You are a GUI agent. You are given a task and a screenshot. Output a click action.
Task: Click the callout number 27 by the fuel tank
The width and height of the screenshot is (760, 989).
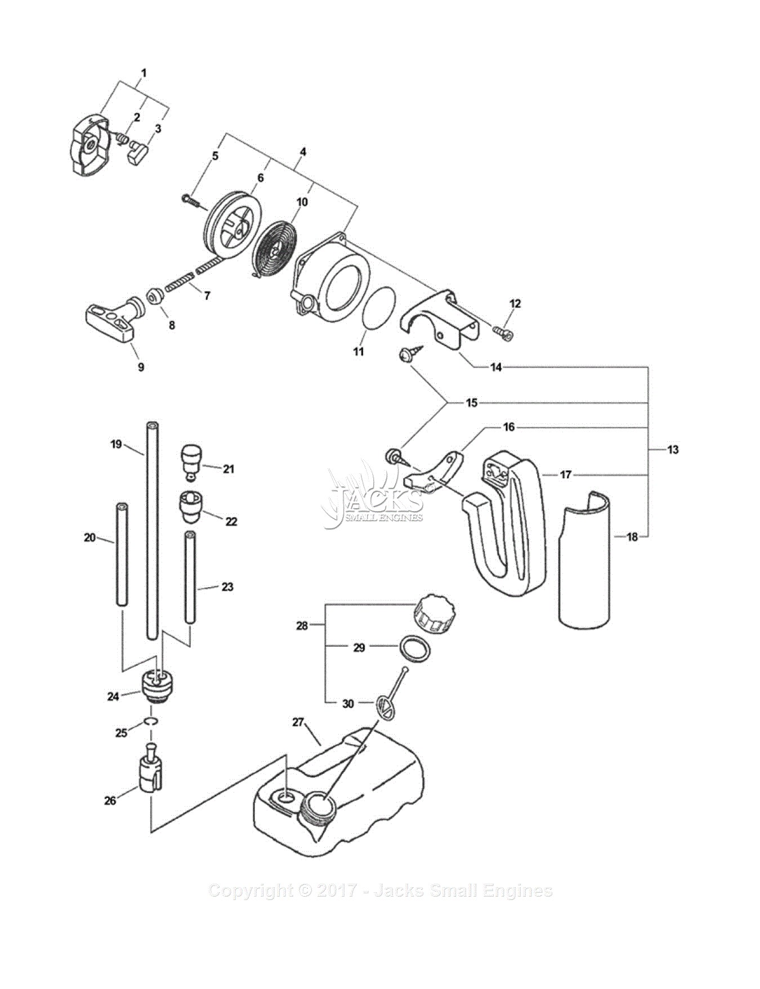(298, 722)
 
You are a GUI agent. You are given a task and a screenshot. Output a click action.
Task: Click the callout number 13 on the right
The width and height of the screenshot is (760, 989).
(673, 449)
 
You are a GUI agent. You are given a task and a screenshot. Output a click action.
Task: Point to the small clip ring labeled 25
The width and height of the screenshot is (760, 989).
(150, 722)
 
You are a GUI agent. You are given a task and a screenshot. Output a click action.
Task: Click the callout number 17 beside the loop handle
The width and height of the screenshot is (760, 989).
(565, 475)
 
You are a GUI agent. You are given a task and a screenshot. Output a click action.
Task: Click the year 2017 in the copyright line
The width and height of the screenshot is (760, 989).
(337, 891)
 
